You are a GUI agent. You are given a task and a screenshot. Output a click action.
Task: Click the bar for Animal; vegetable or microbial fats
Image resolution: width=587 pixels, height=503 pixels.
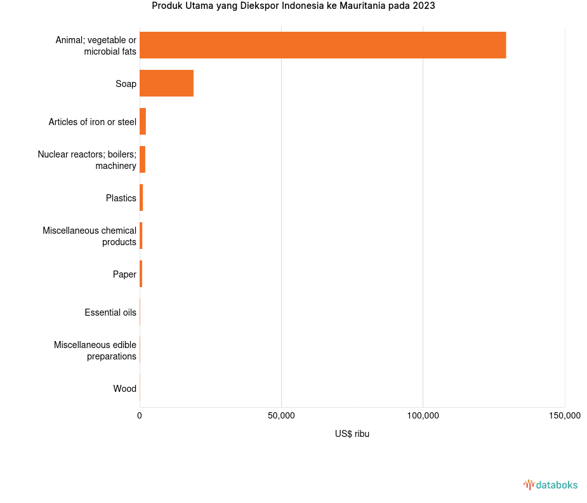point(322,45)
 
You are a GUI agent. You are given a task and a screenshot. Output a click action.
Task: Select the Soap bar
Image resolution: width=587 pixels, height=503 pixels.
point(166,83)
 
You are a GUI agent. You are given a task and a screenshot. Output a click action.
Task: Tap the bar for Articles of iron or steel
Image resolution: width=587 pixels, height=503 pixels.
point(143,121)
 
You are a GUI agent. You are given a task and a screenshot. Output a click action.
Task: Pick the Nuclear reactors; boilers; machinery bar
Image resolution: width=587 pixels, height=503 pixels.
point(142,159)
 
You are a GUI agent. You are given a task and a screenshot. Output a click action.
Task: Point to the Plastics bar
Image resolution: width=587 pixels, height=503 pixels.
point(142,198)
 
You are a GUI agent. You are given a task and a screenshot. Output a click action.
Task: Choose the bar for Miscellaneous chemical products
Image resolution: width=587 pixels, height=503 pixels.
point(141,236)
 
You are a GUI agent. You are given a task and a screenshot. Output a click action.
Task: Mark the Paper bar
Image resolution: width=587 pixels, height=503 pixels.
point(141,274)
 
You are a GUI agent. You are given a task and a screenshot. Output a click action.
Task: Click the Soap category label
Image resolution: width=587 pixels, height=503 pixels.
point(126,84)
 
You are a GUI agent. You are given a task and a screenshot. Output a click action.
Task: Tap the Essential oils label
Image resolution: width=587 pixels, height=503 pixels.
point(110,312)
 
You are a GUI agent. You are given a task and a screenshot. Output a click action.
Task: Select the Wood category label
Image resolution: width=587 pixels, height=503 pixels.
point(124,389)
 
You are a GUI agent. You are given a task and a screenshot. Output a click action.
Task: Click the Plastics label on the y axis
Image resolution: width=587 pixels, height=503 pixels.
point(121,198)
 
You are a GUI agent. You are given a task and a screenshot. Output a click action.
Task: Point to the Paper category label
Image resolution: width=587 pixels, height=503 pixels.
point(124,274)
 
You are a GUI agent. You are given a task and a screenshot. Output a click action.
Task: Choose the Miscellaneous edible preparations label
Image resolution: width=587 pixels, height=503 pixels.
point(95,351)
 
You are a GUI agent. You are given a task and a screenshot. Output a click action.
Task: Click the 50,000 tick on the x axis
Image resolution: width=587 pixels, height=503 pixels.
point(281,416)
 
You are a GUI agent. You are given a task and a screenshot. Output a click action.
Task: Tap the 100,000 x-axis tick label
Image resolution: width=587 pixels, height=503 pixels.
point(423,416)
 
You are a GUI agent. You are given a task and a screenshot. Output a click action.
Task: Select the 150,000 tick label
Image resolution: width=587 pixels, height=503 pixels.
point(564,416)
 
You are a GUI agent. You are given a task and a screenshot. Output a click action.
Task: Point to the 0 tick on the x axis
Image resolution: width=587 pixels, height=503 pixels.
point(140,416)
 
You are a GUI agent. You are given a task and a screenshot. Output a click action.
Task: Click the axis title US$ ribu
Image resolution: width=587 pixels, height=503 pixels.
point(352,434)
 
